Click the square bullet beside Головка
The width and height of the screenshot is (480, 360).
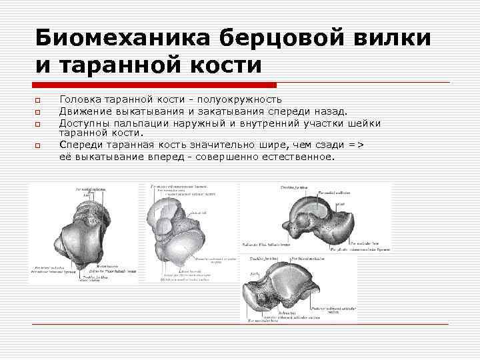pyautogui.click(x=39, y=100)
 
